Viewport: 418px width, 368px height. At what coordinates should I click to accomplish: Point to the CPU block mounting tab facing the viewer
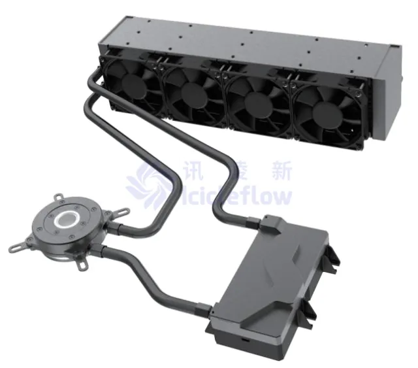pyautogui.click(x=84, y=265)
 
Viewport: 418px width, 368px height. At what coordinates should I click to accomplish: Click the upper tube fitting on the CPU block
pyautogui.click(x=112, y=228)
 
